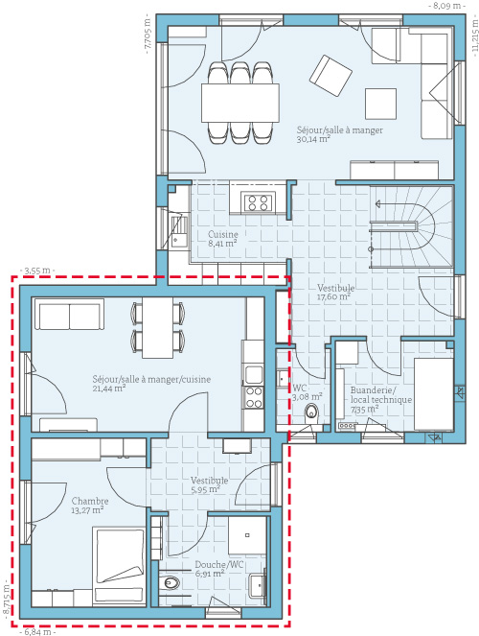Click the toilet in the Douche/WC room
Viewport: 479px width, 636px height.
(171, 583)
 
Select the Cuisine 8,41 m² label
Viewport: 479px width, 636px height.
(222, 239)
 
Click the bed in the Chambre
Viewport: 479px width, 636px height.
(119, 565)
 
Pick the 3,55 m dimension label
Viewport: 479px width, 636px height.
(36, 271)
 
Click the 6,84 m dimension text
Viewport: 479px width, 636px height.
(37, 632)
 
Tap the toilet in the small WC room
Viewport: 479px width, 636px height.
(311, 412)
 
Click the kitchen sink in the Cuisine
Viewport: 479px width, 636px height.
(178, 231)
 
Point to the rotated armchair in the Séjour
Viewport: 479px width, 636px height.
(331, 76)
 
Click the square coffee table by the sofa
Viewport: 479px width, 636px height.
(380, 104)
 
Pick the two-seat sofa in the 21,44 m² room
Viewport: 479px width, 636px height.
(69, 315)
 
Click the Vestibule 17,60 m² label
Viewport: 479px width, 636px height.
(335, 292)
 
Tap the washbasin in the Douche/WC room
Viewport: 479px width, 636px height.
(257, 585)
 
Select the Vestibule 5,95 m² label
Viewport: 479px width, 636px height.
(210, 484)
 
